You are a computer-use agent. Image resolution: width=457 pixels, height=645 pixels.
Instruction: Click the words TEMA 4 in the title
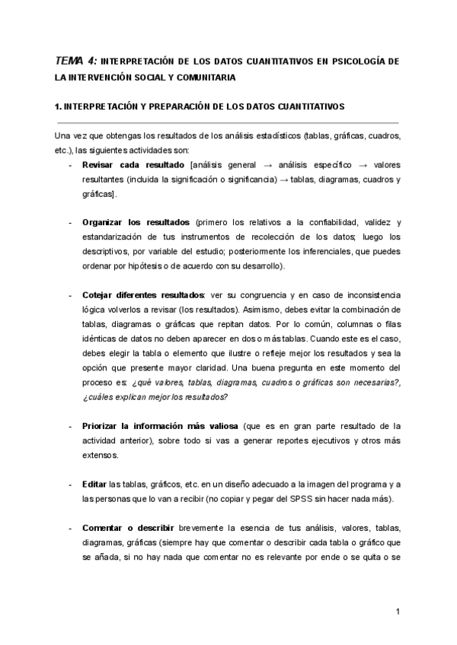[75, 60]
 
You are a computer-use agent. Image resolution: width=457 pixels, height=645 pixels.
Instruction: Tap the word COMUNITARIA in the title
[200, 78]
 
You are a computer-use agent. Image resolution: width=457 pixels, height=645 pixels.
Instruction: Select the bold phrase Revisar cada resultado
[133, 165]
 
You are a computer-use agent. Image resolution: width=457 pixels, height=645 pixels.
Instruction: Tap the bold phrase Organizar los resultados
[136, 222]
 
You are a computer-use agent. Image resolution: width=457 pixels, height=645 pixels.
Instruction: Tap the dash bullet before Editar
[71, 484]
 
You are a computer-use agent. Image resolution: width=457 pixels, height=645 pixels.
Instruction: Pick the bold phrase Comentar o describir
[129, 527]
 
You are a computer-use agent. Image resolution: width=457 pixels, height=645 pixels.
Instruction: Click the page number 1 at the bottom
[398, 611]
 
